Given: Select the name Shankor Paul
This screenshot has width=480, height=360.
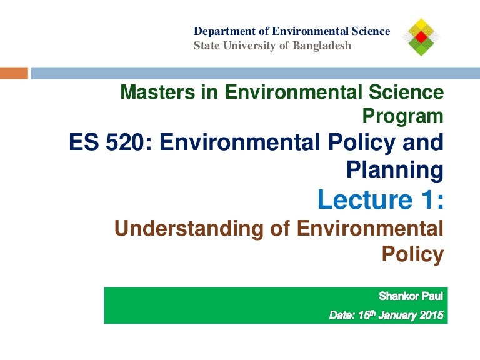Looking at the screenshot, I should [x=411, y=295].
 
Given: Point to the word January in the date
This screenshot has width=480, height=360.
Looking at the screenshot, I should [x=394, y=316].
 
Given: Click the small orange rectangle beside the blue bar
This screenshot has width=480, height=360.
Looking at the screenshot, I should [x=14, y=73].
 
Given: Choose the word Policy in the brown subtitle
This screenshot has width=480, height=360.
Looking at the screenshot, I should [x=412, y=254].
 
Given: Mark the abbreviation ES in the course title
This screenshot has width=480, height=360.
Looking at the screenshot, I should [x=86, y=142].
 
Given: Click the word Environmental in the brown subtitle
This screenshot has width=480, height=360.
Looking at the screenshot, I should [x=369, y=228].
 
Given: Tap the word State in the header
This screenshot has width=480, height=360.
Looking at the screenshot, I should [x=206, y=45].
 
